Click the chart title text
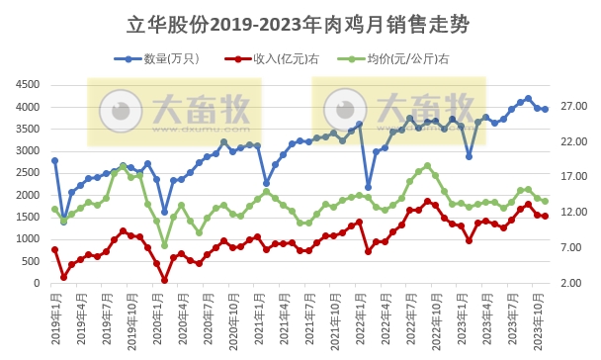click(x=300, y=23)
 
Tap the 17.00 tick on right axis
click(x=574, y=177)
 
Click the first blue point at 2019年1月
click(x=54, y=160)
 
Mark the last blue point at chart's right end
click(x=545, y=110)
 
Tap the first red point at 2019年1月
click(x=54, y=250)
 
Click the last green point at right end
click(x=545, y=201)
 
